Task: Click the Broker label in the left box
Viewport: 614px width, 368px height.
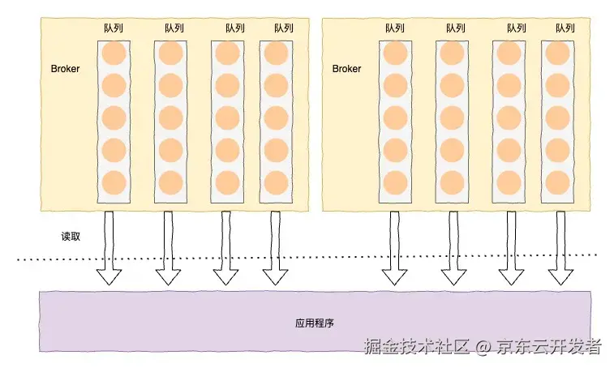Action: (x=65, y=69)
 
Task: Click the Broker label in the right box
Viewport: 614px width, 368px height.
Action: (x=346, y=69)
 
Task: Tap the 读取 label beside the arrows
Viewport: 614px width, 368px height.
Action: (x=71, y=237)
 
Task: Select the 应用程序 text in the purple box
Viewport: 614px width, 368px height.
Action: (x=314, y=323)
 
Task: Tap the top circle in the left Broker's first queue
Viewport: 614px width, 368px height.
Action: (x=114, y=54)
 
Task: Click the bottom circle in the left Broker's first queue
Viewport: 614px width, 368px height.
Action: (x=114, y=181)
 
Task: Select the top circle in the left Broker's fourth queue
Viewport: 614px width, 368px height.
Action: (x=276, y=54)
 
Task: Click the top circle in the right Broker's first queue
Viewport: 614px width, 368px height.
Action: (x=395, y=54)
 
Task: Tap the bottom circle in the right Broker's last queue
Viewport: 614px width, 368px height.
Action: (x=556, y=181)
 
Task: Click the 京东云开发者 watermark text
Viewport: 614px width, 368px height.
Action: (x=549, y=347)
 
